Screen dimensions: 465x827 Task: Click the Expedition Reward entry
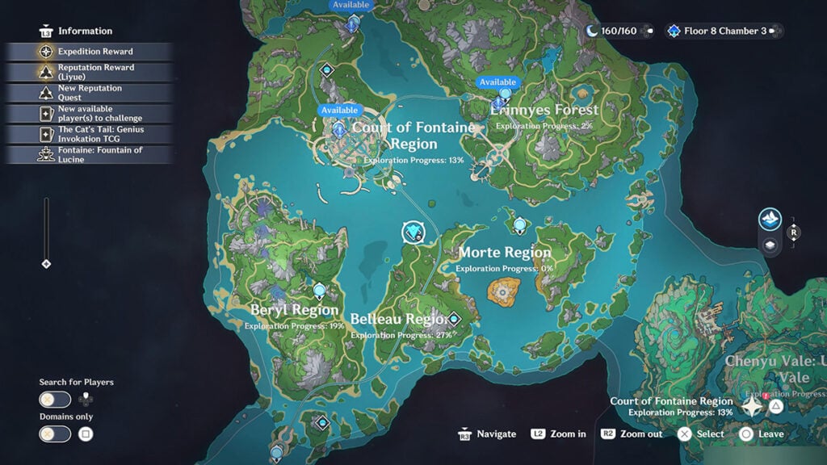tap(94, 52)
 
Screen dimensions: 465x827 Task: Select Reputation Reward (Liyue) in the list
tap(95, 72)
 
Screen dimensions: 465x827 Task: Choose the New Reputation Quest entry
tap(90, 93)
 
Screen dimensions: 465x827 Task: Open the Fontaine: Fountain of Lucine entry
tap(99, 154)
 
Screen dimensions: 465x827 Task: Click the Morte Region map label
tap(505, 253)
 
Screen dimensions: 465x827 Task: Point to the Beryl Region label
tap(294, 310)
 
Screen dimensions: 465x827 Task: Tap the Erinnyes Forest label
tap(545, 110)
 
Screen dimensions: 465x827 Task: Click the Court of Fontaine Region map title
tap(413, 136)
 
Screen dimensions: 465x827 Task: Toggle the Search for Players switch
tap(54, 399)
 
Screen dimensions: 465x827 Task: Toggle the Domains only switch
tap(54, 434)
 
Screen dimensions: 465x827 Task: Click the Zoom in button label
tap(568, 434)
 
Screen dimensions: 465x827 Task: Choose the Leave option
tap(770, 434)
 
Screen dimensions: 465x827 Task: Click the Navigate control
tap(495, 434)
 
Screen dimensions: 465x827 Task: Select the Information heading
tap(85, 31)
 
